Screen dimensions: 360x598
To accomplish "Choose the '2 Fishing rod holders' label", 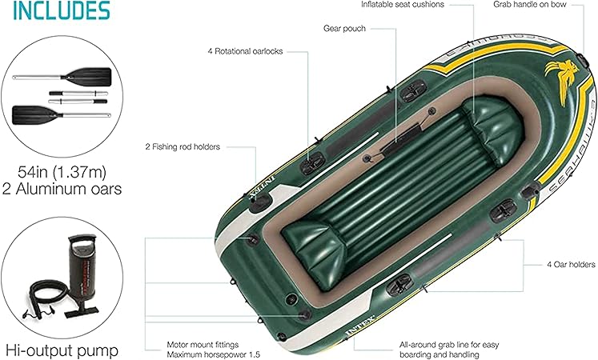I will pos(183,146).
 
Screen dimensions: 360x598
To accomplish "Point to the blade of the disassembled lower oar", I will pos(30,112).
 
